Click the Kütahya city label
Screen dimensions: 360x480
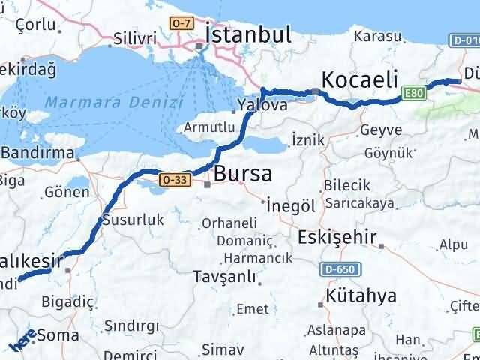pyautogui.click(x=361, y=295)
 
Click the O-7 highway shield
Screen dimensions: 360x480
pyautogui.click(x=181, y=25)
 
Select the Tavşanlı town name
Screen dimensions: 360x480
pyautogui.click(x=223, y=277)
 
